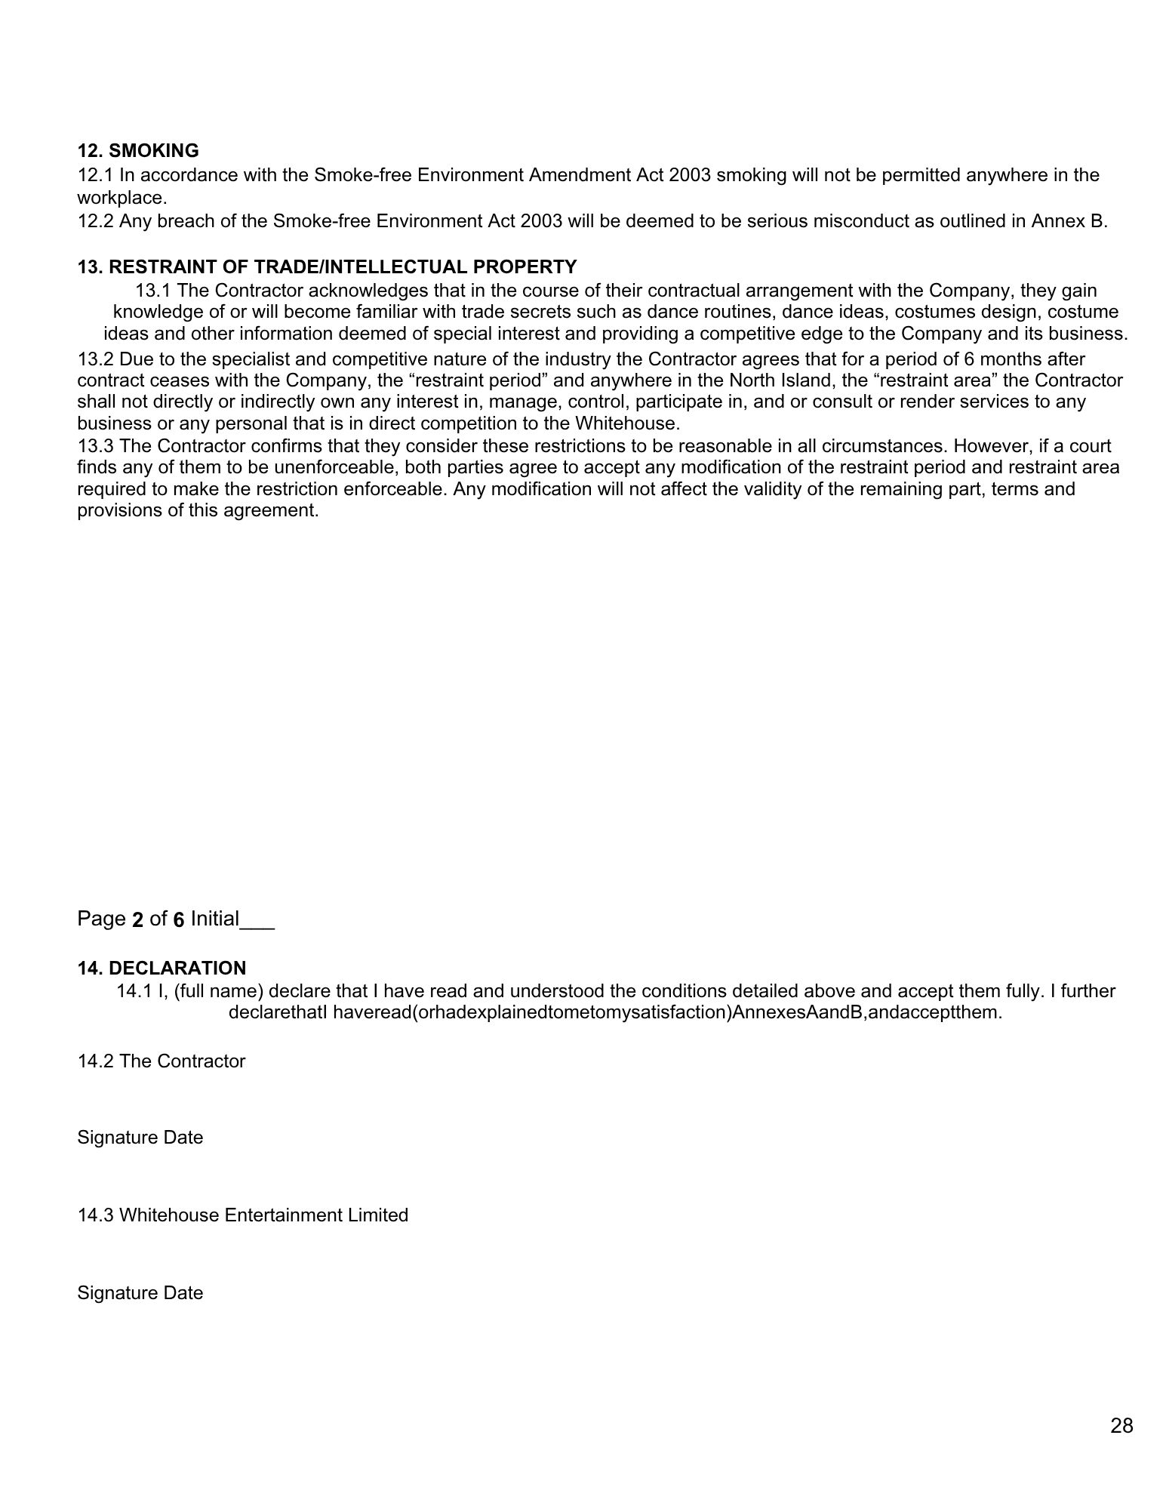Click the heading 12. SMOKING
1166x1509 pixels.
(x=138, y=151)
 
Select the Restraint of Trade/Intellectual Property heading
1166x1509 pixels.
(x=327, y=267)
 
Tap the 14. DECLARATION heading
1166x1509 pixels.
(x=162, y=969)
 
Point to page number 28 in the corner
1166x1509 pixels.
(x=1121, y=1425)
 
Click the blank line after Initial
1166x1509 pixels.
(x=257, y=920)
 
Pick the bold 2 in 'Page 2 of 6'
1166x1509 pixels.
(x=137, y=919)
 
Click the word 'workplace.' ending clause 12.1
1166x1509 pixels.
(x=122, y=199)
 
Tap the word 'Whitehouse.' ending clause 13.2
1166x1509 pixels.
(x=628, y=423)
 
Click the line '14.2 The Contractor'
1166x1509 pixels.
(x=161, y=1061)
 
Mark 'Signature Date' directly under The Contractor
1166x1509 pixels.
(x=140, y=1138)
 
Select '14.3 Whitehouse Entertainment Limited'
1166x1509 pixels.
(x=242, y=1215)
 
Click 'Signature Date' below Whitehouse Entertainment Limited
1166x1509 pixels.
(x=140, y=1293)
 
